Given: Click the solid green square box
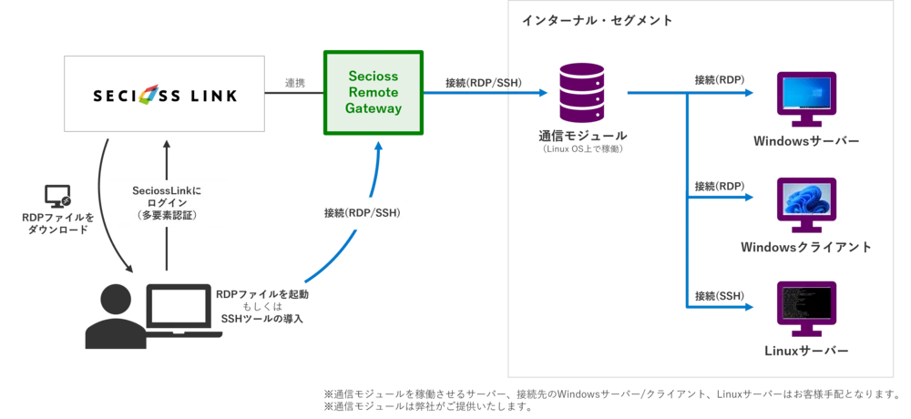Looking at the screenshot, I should point(374,93).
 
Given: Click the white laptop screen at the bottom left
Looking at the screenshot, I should point(179,306).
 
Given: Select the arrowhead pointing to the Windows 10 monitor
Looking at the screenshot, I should point(750,92).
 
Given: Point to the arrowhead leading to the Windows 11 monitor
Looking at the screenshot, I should point(750,195).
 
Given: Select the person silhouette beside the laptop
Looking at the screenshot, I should point(113,305).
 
